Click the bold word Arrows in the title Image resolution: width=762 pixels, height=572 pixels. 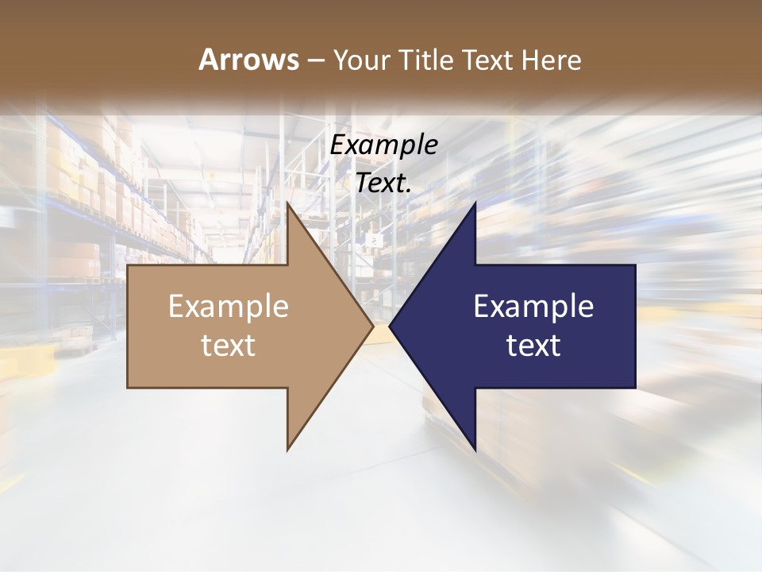pos(248,60)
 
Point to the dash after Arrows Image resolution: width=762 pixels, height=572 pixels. pos(315,60)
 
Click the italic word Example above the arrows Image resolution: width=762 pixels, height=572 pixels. pos(384,145)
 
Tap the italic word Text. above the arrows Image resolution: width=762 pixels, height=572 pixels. pos(384,184)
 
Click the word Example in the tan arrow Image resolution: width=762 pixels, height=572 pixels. pos(229,306)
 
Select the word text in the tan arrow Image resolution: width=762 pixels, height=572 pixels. pos(229,345)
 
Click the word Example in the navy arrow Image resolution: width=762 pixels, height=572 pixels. pos(533,306)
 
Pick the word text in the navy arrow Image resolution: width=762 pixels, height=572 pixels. pos(533,345)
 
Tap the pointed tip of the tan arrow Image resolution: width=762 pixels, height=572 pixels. pos(373,327)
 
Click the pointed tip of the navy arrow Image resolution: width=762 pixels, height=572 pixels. pos(390,327)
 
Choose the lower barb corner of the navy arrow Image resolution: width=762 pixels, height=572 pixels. pos(475,450)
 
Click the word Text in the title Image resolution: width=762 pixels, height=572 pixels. pos(487,60)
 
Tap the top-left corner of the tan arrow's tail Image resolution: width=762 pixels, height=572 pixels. pos(128,265)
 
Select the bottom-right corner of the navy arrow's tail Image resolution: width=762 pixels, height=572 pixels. pos(635,388)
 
